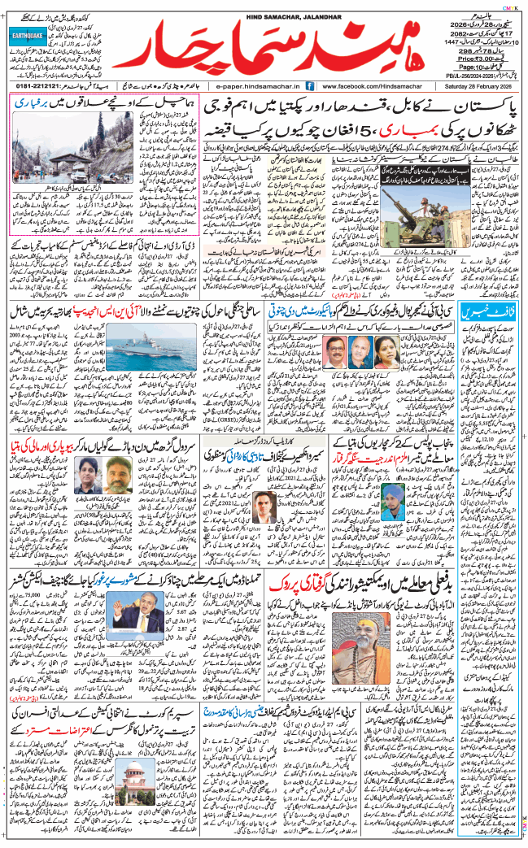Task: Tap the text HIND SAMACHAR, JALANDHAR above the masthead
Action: click(264, 7)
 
